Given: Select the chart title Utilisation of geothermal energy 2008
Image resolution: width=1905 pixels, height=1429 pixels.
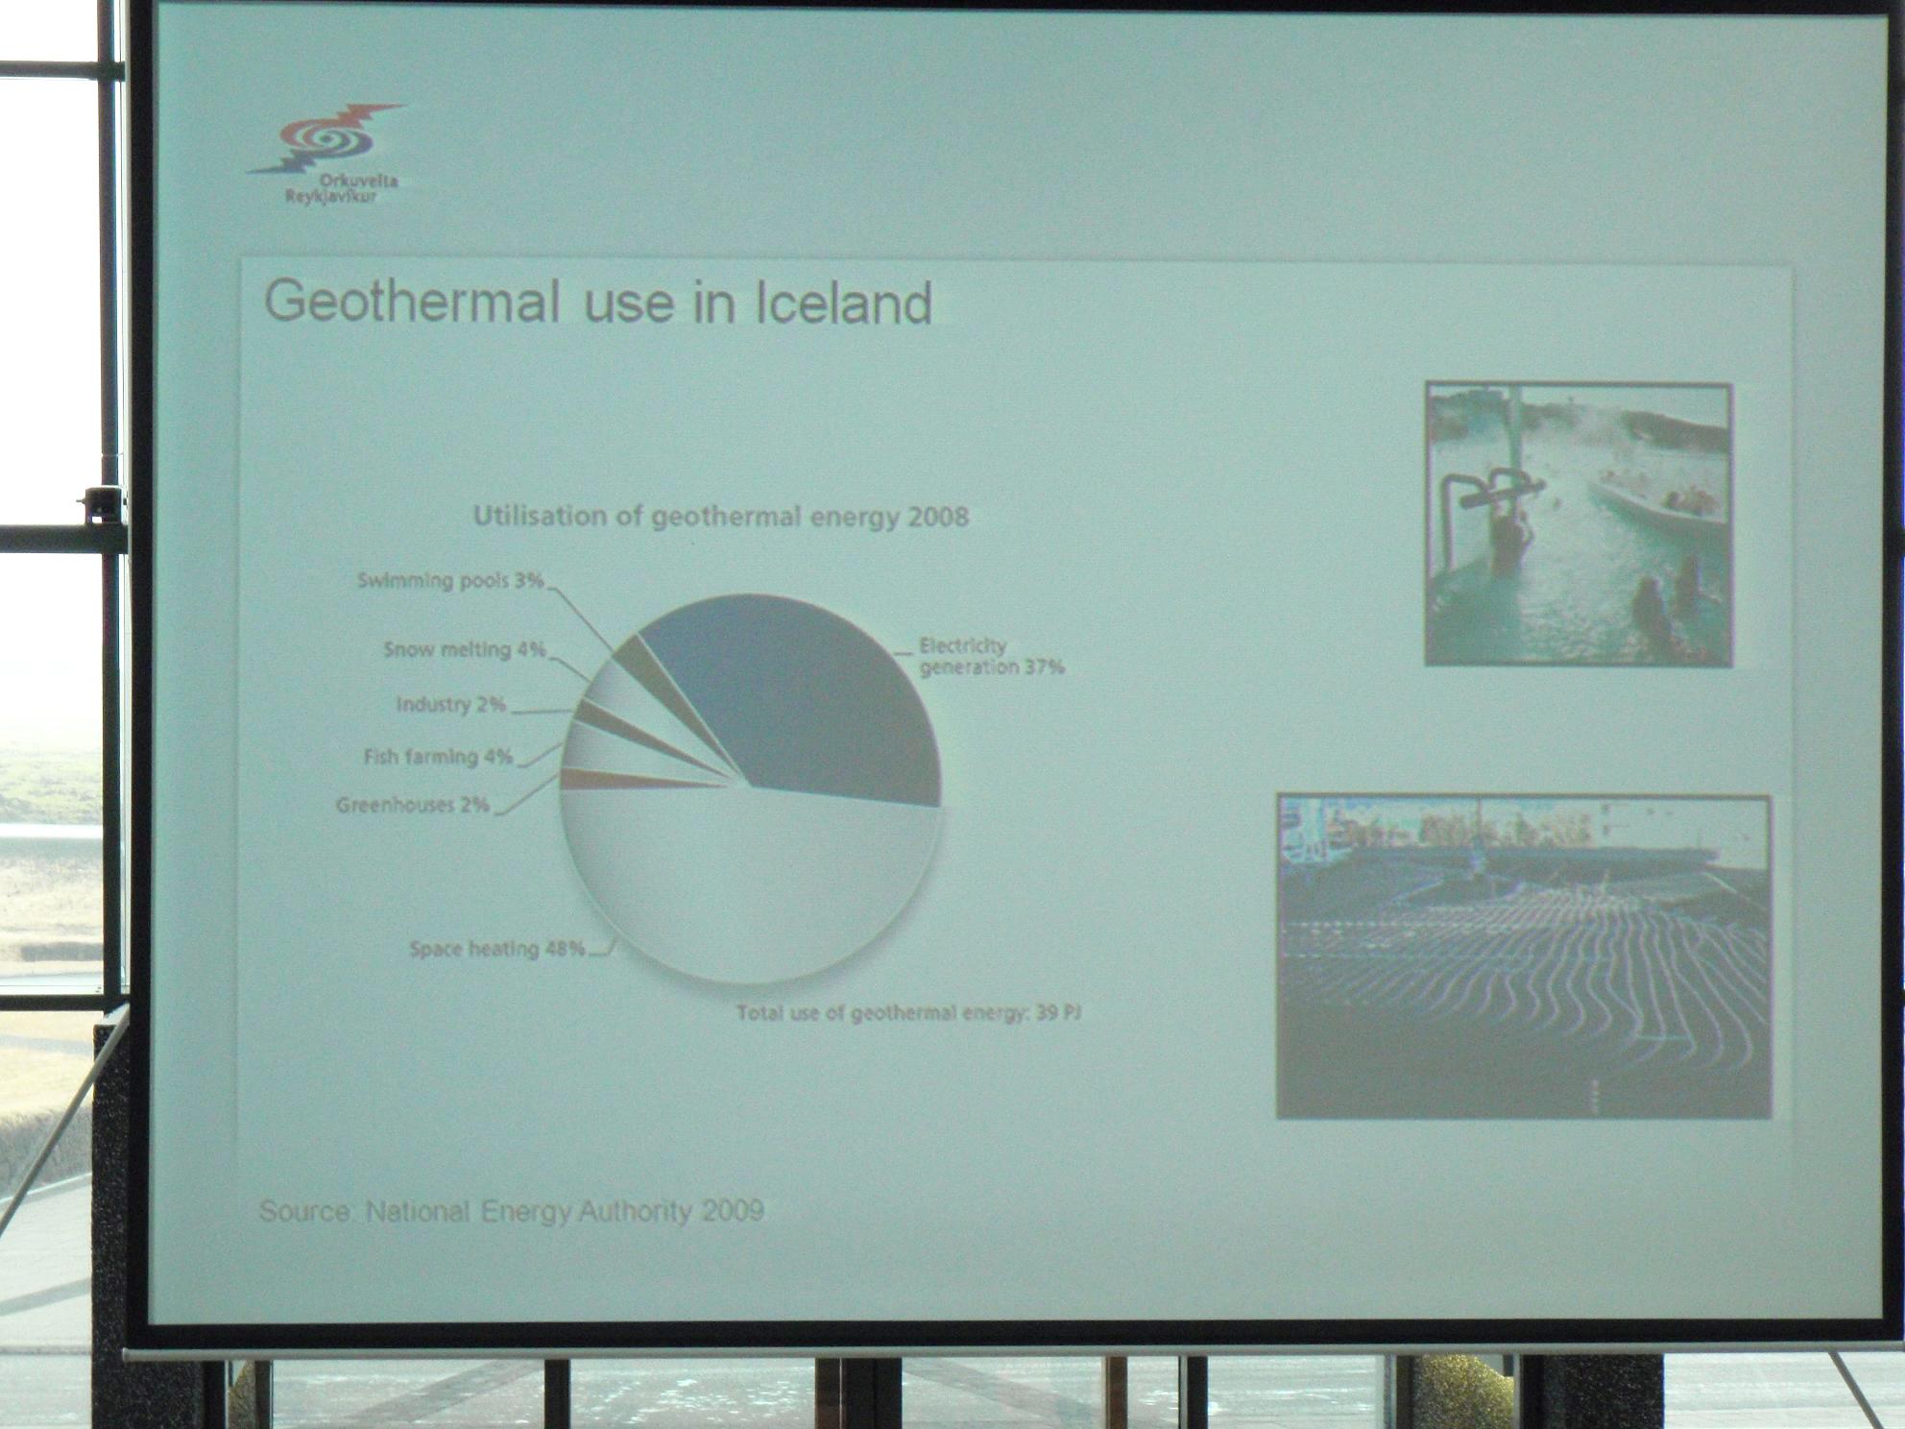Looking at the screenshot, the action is [x=721, y=517].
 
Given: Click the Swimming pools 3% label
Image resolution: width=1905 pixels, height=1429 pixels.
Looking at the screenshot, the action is [x=450, y=580].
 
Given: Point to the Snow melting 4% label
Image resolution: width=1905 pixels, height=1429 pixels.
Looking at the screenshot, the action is [x=465, y=649].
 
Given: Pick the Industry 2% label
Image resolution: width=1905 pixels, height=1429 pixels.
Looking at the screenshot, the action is [x=451, y=704].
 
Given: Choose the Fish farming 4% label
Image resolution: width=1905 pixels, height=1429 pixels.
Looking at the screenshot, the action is [x=439, y=757].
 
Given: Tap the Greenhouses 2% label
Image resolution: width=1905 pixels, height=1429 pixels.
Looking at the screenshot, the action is [x=413, y=805].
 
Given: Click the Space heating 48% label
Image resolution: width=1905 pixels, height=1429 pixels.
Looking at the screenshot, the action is [x=497, y=949].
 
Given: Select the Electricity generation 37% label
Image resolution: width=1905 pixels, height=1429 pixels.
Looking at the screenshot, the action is [x=992, y=657].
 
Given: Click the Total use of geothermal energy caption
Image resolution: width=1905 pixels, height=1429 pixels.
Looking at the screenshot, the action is [x=909, y=1012].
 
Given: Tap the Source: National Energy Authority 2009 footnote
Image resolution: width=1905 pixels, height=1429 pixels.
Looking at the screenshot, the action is [x=512, y=1210].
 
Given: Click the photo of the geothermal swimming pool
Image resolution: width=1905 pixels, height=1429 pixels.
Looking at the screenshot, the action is [x=1579, y=524].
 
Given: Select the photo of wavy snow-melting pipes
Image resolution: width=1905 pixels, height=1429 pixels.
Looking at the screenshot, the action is [x=1524, y=957].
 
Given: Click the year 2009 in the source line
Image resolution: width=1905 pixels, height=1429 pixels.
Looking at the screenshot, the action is [x=733, y=1210].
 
